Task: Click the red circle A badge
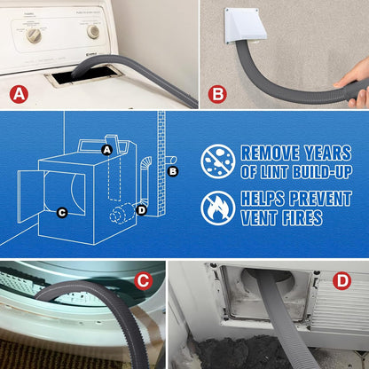click(x=19, y=92)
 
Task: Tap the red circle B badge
click(x=217, y=92)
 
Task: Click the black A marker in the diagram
click(x=106, y=150)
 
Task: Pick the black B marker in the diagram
click(x=173, y=170)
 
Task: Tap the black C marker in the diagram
click(x=61, y=212)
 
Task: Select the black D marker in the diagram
click(x=141, y=209)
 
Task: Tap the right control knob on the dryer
click(x=93, y=31)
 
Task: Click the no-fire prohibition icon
click(x=217, y=207)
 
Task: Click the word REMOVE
click(x=267, y=153)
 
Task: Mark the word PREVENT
click(x=310, y=197)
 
